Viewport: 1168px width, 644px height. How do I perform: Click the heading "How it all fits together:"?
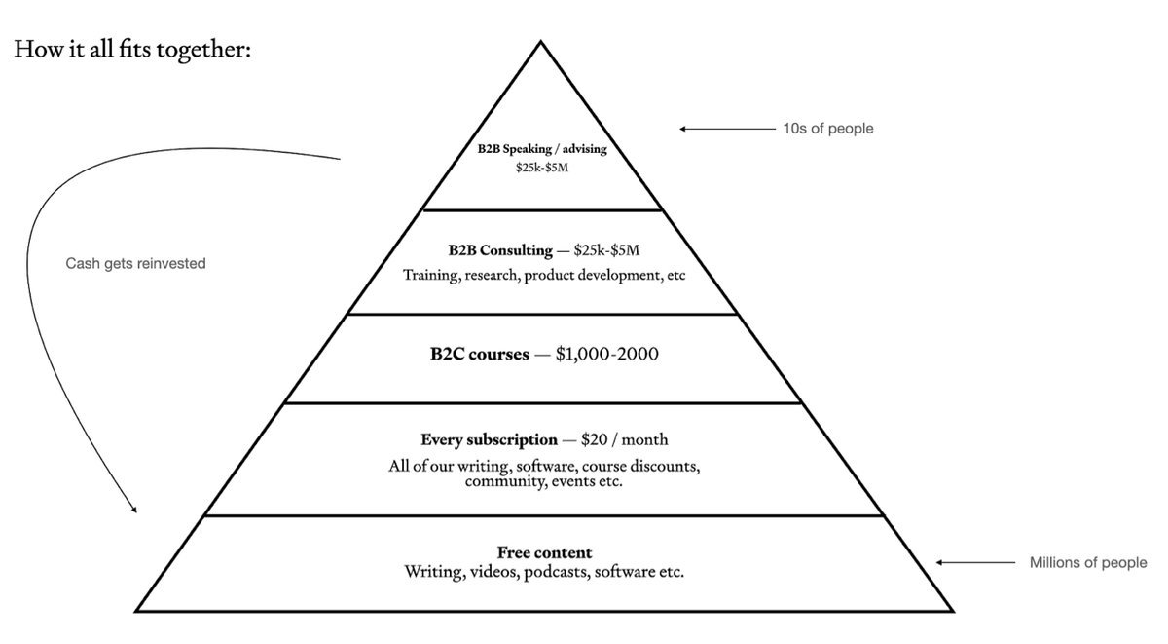pyautogui.click(x=132, y=49)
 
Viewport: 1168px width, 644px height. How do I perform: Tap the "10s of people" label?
pyautogui.click(x=827, y=128)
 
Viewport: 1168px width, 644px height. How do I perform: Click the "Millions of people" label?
pyautogui.click(x=1088, y=562)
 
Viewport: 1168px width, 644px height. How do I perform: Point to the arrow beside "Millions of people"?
pyautogui.click(x=973, y=562)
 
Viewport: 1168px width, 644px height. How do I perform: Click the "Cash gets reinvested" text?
pyautogui.click(x=135, y=263)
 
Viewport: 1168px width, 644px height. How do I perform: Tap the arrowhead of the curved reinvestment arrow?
pyautogui.click(x=134, y=510)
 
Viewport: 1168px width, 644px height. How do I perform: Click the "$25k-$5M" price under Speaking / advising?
pyautogui.click(x=542, y=168)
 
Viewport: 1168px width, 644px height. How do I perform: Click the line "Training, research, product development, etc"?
pyautogui.click(x=544, y=275)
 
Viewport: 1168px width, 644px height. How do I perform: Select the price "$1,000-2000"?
pyautogui.click(x=606, y=354)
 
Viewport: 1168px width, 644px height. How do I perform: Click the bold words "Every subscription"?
pyautogui.click(x=489, y=439)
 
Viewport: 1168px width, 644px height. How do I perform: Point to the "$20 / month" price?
pyautogui.click(x=625, y=439)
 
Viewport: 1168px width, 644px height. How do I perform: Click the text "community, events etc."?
pyautogui.click(x=543, y=481)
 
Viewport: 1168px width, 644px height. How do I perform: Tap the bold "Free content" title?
pyautogui.click(x=544, y=552)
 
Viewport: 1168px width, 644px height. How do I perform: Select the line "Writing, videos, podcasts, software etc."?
pyautogui.click(x=544, y=571)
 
